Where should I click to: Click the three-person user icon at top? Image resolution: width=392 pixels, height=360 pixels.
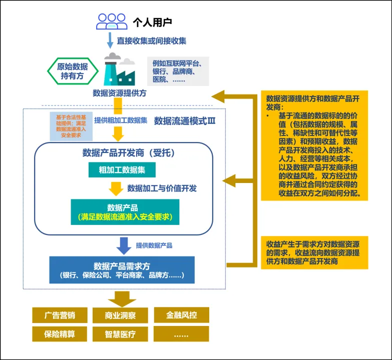coord(112,22)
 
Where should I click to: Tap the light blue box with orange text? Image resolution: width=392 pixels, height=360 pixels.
coord(70,126)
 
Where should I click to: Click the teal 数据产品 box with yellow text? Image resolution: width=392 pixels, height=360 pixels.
coord(125,212)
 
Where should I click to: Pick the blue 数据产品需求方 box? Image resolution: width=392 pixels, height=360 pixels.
coord(122,269)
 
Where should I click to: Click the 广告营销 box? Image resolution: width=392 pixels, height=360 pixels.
coord(60,315)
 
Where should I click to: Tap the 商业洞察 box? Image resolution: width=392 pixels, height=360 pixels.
coord(120,315)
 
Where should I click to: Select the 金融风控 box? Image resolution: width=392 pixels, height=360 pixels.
coord(180,315)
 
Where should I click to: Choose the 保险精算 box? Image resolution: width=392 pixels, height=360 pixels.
coord(60,333)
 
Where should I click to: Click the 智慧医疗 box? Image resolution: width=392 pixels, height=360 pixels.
coord(120,333)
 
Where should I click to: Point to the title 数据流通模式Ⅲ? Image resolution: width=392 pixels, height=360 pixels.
coord(184,120)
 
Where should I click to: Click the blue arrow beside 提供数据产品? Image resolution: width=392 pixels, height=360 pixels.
coord(123,245)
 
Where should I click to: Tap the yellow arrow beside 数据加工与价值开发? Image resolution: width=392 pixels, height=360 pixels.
coord(116,188)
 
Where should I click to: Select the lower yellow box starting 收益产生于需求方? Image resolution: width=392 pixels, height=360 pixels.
coord(314,252)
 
